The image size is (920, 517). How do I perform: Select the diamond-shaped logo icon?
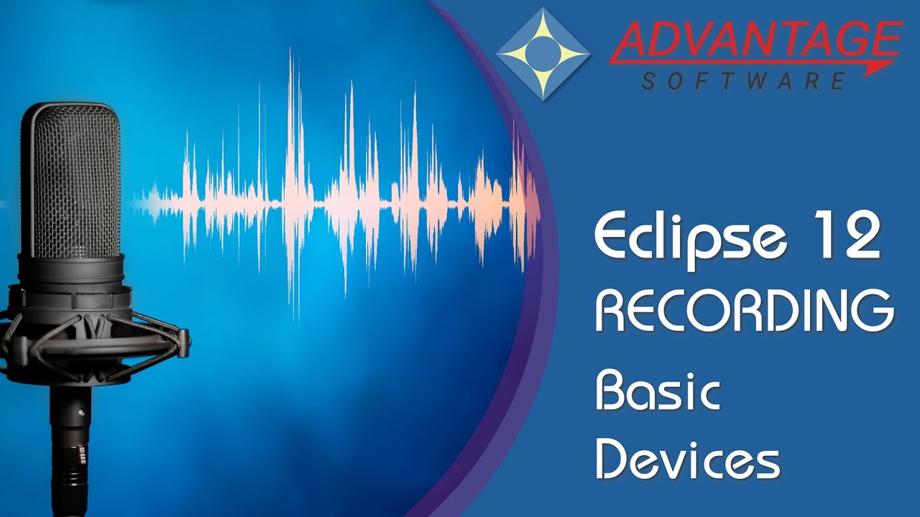click(543, 54)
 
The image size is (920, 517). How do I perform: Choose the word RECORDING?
click(745, 310)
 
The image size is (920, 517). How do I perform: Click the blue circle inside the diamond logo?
click(543, 53)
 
